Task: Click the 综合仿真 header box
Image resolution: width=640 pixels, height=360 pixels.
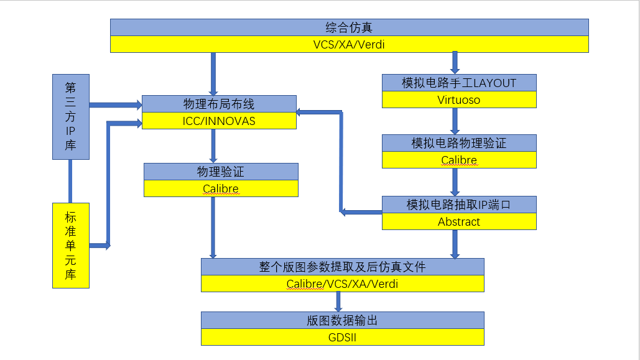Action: (349, 27)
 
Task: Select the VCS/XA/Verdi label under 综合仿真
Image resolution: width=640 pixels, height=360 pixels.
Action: (349, 44)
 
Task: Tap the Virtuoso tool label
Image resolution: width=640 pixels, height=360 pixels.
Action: (459, 99)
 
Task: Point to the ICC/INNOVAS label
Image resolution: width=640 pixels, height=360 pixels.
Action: (219, 121)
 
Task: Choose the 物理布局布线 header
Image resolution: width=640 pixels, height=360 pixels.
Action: (219, 104)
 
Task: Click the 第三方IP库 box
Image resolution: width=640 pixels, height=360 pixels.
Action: (70, 117)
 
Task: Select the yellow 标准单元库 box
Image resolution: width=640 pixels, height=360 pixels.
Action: (70, 246)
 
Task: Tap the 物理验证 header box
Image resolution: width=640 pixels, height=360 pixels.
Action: (221, 172)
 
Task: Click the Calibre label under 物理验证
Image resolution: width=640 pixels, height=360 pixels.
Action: (221, 188)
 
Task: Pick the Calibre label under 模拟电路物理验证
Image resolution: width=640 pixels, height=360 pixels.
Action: (459, 160)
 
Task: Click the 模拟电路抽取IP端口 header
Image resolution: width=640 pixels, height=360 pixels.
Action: (459, 205)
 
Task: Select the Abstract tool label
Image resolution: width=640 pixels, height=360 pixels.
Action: (459, 221)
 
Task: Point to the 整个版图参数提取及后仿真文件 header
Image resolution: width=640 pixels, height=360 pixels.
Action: (342, 267)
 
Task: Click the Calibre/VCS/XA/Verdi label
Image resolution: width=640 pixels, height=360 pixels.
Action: (342, 284)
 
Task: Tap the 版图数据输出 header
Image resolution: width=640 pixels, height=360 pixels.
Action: (342, 320)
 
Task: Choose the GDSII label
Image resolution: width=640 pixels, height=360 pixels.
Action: (342, 338)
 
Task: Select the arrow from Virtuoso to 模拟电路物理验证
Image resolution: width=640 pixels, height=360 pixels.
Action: (455, 121)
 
